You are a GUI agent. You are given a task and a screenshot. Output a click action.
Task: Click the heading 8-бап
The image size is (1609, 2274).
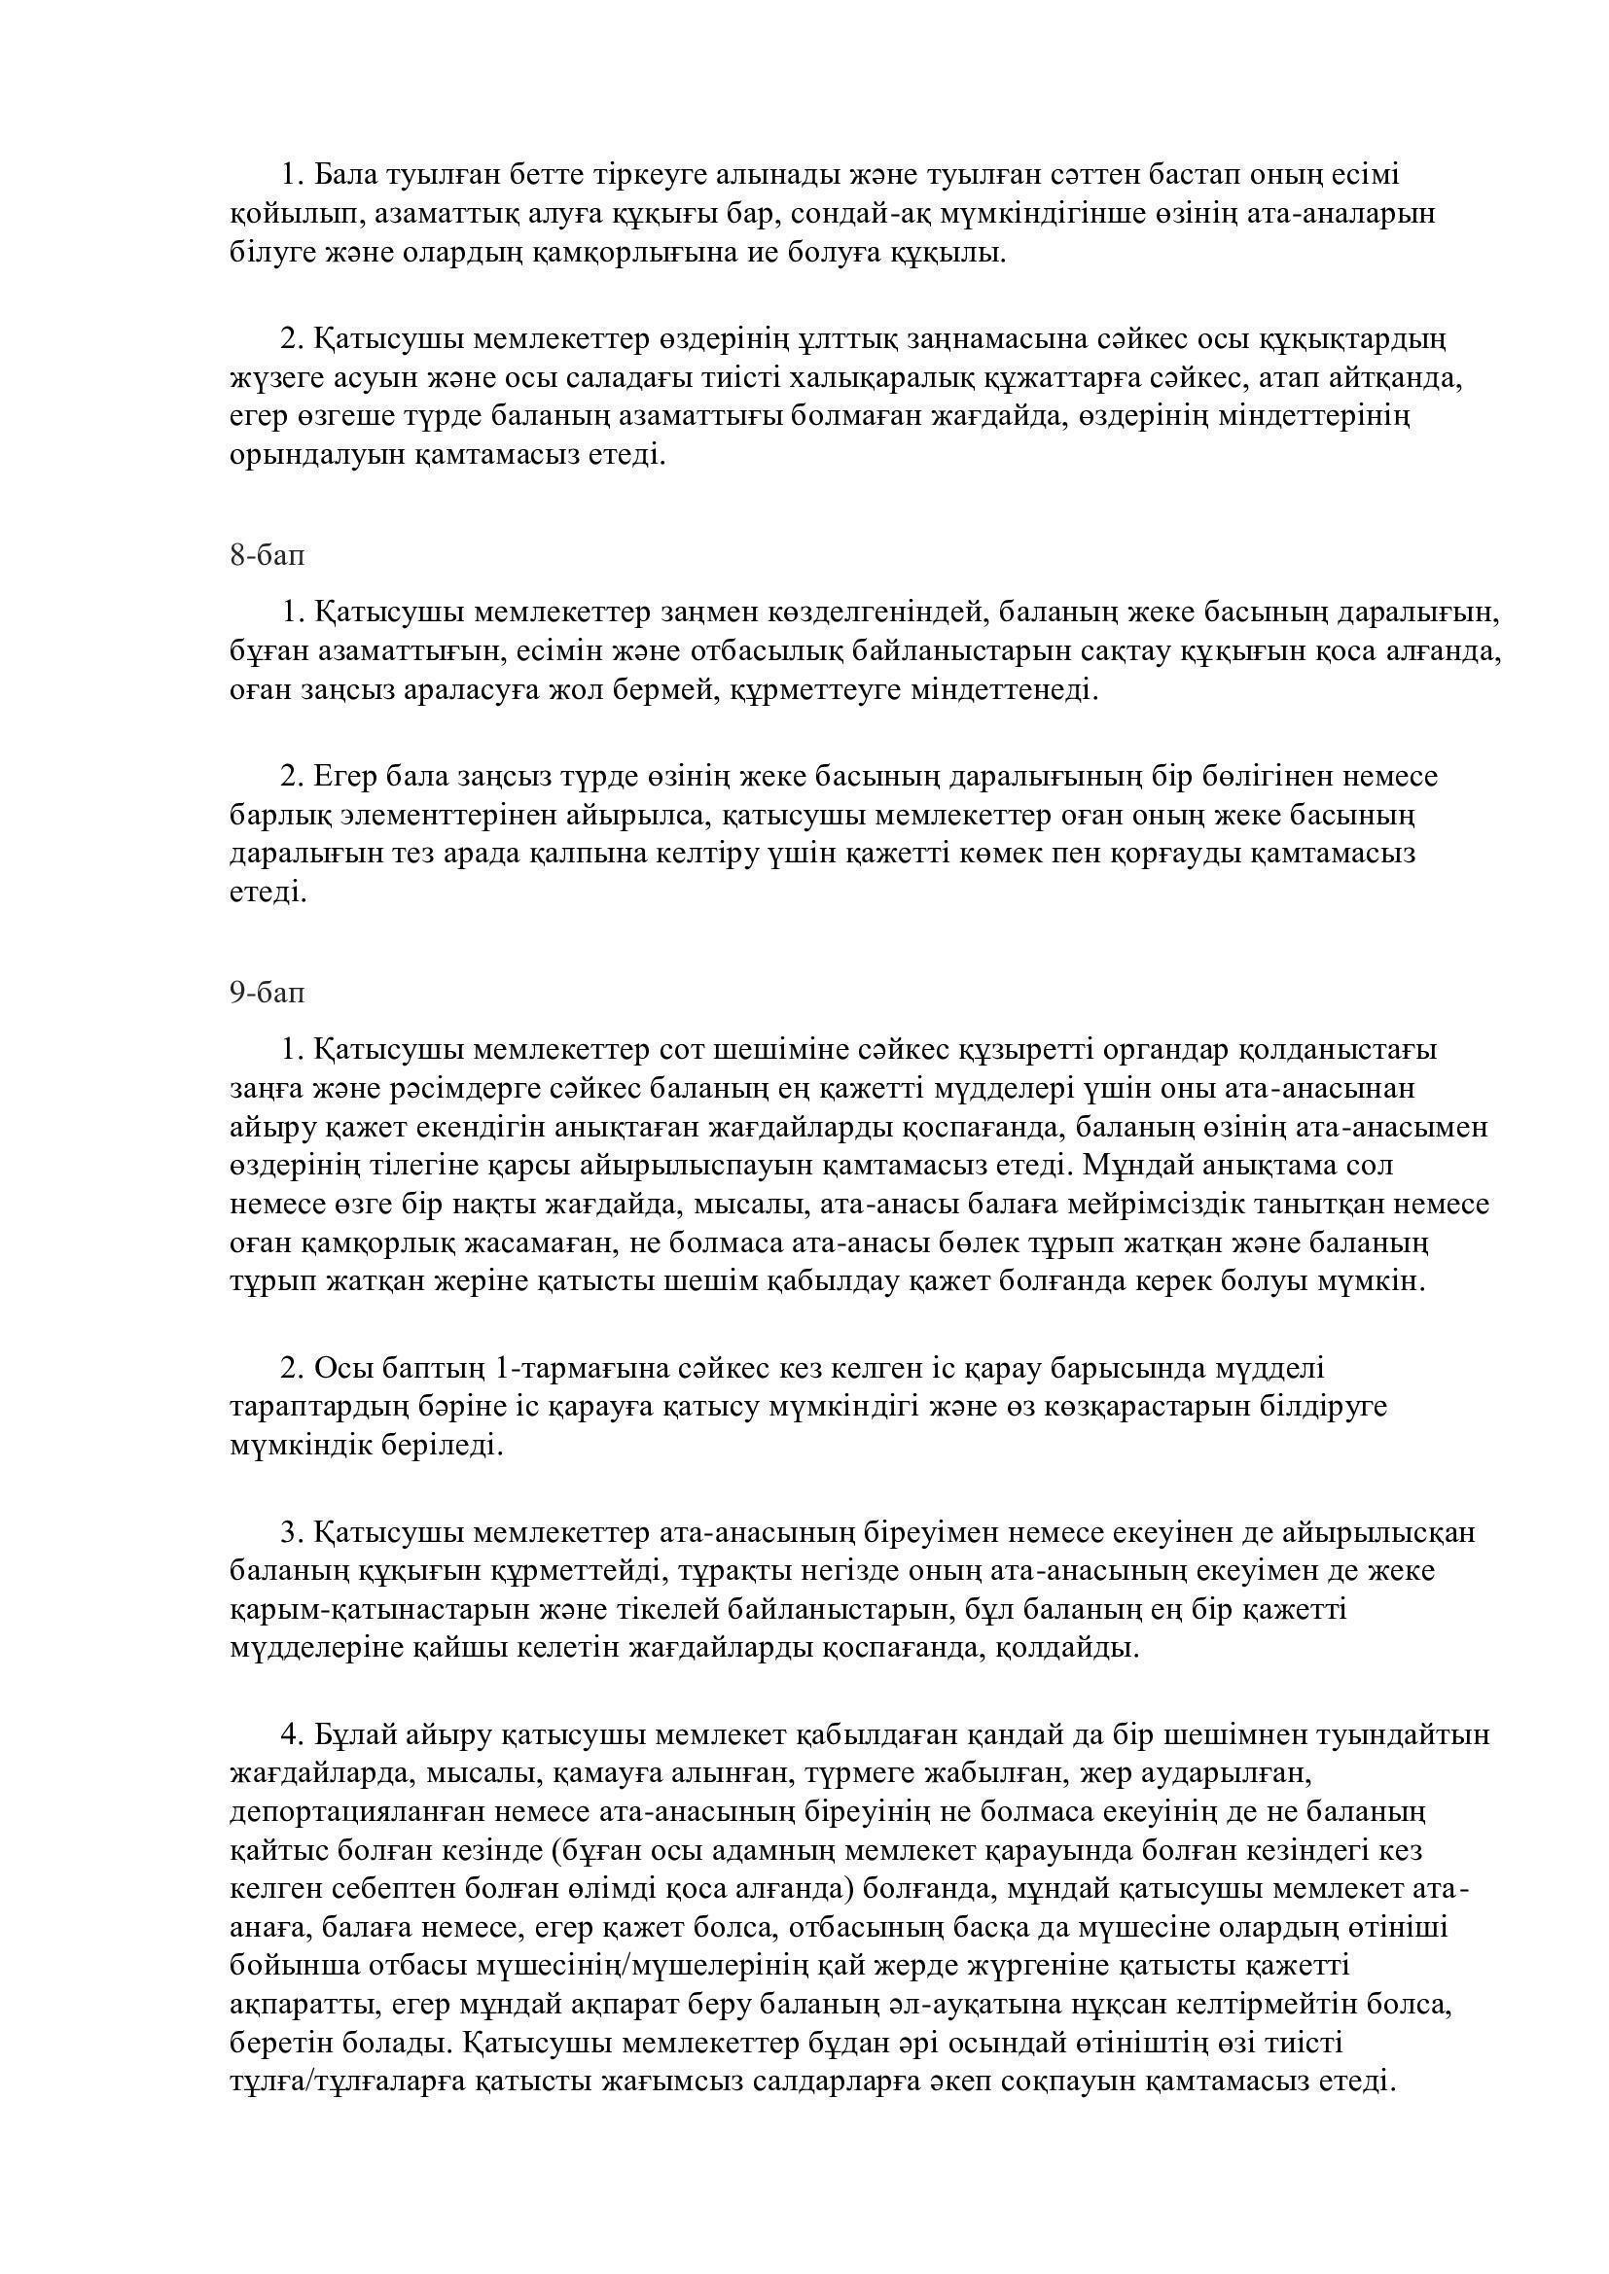(268, 556)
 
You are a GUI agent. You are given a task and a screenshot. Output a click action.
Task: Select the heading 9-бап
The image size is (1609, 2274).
(268, 993)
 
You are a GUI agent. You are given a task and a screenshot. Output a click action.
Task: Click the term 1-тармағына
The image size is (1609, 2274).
(581, 1369)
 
